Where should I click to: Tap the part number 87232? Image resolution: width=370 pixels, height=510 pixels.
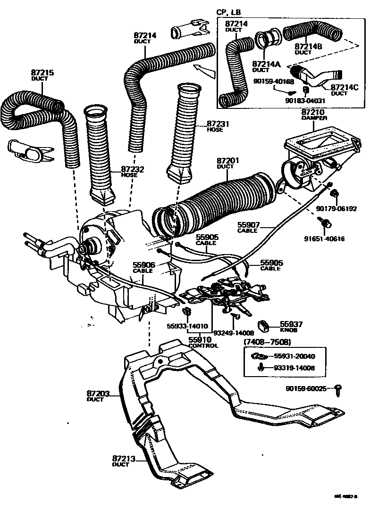[132, 169]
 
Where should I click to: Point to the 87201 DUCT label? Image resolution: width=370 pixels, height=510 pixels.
[228, 164]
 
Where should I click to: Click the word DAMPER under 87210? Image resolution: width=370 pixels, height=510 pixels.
[314, 118]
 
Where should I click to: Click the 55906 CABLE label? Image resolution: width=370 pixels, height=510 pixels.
[144, 268]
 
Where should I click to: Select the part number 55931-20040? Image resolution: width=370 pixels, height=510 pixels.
[294, 356]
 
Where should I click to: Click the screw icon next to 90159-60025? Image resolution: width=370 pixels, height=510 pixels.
[338, 388]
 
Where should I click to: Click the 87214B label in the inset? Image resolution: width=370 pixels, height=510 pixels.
[308, 47]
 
